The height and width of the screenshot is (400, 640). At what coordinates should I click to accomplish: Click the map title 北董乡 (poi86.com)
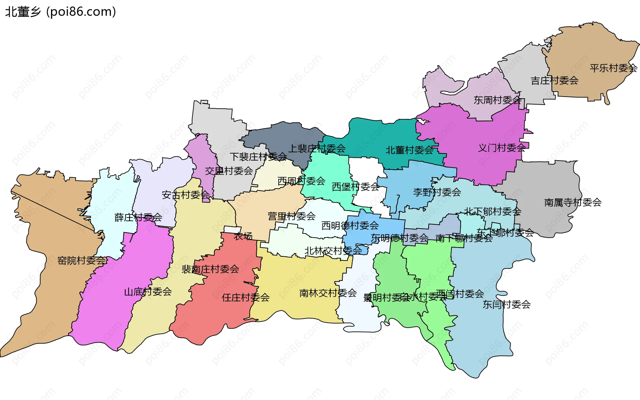[x=60, y=12]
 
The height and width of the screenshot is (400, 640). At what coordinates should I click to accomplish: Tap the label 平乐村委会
[x=613, y=68]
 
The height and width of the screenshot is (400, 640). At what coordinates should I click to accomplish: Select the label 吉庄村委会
[x=554, y=81]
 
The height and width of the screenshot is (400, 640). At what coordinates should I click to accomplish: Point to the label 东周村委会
[x=497, y=100]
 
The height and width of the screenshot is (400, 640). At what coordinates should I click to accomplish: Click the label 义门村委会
[x=502, y=148]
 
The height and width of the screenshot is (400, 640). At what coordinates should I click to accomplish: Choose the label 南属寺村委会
[x=573, y=202]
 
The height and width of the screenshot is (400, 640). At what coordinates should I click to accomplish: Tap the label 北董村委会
[x=409, y=150]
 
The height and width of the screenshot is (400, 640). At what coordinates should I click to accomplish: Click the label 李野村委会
[x=437, y=192]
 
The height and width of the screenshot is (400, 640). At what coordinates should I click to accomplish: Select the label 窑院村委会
[x=82, y=260]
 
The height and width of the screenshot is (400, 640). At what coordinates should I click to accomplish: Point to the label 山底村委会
[x=148, y=292]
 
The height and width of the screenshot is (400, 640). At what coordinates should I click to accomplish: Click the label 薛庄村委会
[x=138, y=217]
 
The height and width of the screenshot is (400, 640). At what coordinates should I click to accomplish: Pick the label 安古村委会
[x=186, y=195]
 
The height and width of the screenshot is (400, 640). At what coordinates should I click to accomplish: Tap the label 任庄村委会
[x=245, y=297]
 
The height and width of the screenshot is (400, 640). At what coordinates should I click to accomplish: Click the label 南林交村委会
[x=328, y=293]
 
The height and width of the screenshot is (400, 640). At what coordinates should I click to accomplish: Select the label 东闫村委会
[x=506, y=304]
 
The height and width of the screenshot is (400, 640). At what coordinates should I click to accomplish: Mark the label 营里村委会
[x=291, y=216]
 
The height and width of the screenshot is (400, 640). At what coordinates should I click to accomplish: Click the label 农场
[x=243, y=236]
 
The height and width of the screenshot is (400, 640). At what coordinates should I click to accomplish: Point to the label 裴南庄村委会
[x=210, y=269]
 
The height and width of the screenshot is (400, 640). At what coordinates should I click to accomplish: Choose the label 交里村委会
[x=229, y=171]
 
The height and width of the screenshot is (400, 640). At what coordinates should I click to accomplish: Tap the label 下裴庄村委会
[x=258, y=157]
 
